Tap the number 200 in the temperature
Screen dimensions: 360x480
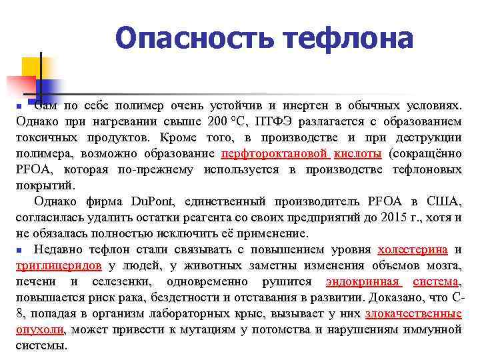(x=217, y=122)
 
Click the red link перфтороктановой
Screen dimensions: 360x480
(x=275, y=154)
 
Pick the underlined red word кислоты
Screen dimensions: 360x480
(x=357, y=154)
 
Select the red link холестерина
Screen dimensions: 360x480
(x=412, y=250)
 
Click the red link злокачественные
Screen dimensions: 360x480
(x=413, y=314)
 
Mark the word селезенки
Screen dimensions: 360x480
(x=116, y=282)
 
